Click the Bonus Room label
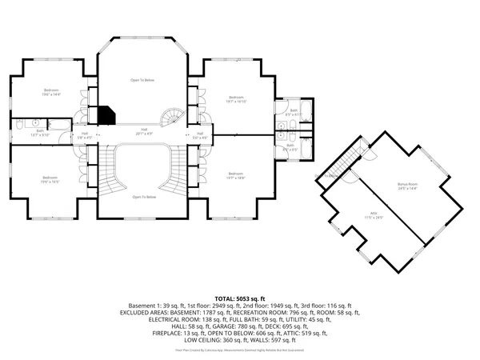click(407, 186)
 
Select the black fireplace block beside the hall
click(106, 115)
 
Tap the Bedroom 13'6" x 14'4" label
click(51, 91)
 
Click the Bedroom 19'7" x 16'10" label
click(235, 99)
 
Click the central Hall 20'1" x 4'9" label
click(144, 131)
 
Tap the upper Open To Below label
click(143, 80)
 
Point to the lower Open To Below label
click(143, 196)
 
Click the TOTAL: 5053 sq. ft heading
click(239, 297)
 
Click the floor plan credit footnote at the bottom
click(239, 350)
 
